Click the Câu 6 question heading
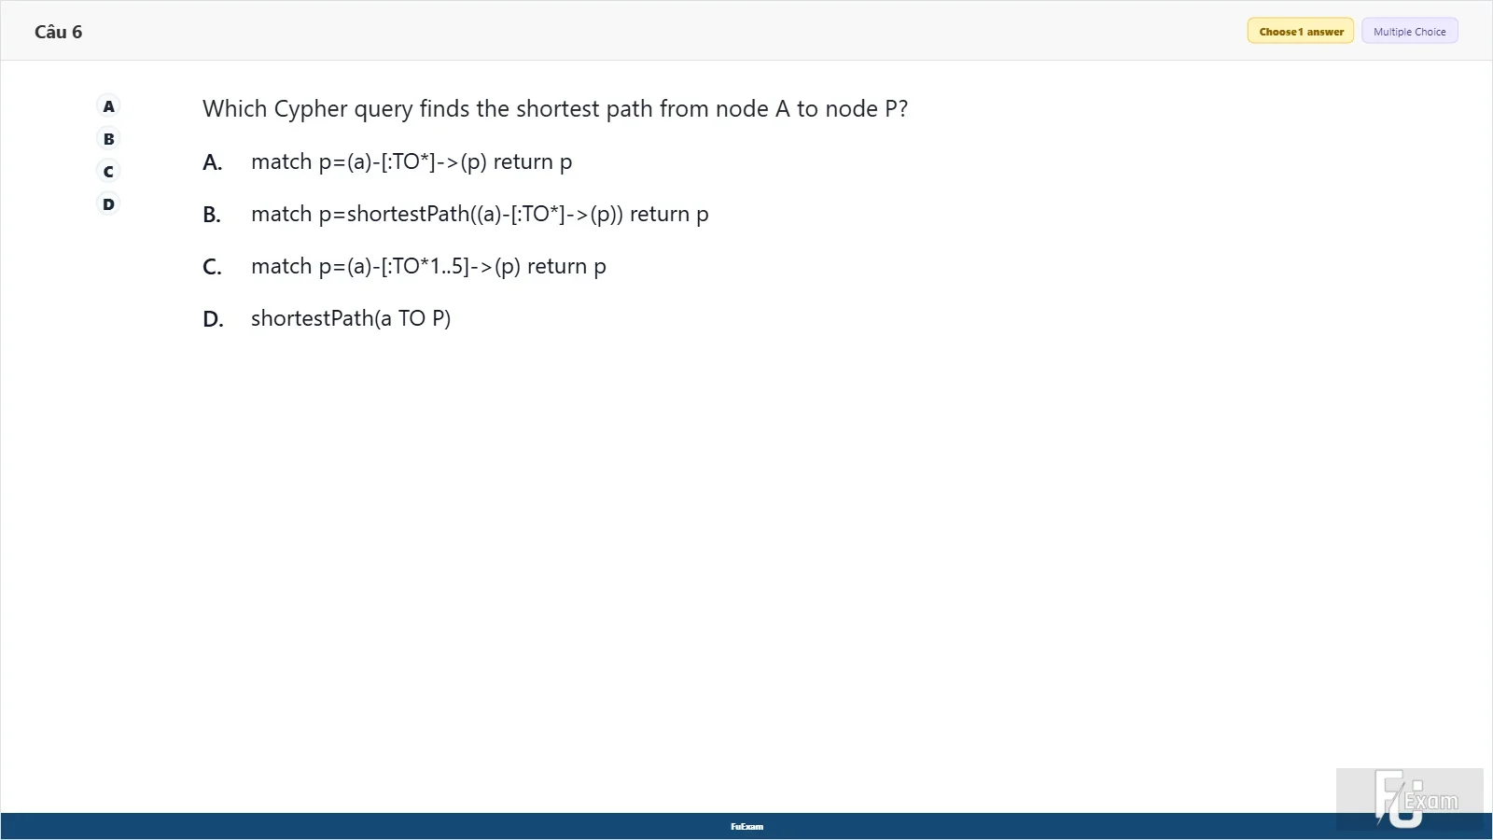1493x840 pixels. tap(58, 32)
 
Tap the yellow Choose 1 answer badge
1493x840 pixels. tap(1301, 32)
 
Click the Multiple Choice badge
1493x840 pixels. tap(1410, 32)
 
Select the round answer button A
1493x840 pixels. tap(108, 106)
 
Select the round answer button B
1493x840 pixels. tap(108, 139)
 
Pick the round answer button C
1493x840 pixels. tap(108, 172)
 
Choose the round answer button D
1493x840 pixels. tap(108, 204)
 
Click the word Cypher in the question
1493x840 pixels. tap(311, 109)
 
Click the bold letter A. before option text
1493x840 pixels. tap(213, 162)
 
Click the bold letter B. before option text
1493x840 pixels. tap(212, 215)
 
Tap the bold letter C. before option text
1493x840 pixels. tap(212, 267)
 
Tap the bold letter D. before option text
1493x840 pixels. tap(214, 319)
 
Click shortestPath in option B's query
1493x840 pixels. tap(408, 214)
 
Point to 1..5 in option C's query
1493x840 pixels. tap(446, 266)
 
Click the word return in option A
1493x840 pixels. tap(523, 162)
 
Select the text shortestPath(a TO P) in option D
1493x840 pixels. tap(351, 318)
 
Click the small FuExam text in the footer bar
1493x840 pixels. tap(747, 827)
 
